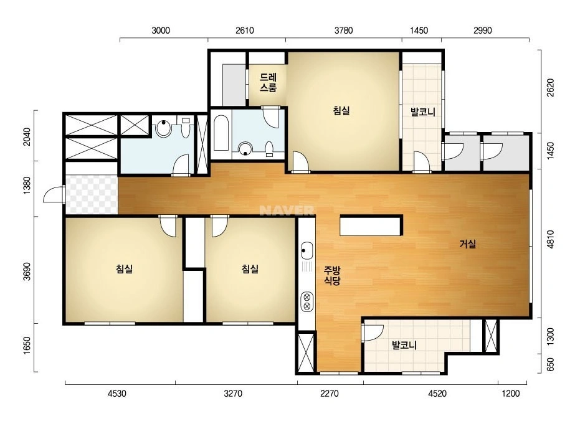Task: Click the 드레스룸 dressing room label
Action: pyautogui.click(x=268, y=82)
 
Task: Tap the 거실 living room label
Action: pyautogui.click(x=468, y=244)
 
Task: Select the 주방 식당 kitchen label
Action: pyautogui.click(x=332, y=276)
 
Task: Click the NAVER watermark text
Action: pyautogui.click(x=287, y=210)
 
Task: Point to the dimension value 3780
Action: pyautogui.click(x=344, y=31)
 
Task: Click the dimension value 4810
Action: pyautogui.click(x=550, y=240)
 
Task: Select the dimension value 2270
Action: pyautogui.click(x=330, y=394)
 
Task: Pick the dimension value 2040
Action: pyautogui.click(x=27, y=136)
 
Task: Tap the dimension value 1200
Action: pyautogui.click(x=511, y=394)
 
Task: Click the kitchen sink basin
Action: pyautogui.click(x=307, y=250)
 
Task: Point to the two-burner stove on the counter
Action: pyautogui.click(x=307, y=301)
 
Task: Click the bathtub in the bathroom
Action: pyautogui.click(x=221, y=133)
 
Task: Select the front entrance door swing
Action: pyautogui.click(x=54, y=194)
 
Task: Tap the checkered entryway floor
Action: pyautogui.click(x=92, y=195)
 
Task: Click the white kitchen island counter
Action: pyautogui.click(x=371, y=225)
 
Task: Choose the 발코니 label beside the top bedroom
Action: pyautogui.click(x=423, y=111)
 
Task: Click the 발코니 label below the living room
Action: pyautogui.click(x=404, y=345)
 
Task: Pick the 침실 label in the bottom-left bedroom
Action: pyautogui.click(x=125, y=269)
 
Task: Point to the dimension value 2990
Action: pyautogui.click(x=483, y=31)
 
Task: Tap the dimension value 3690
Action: pyautogui.click(x=27, y=272)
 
